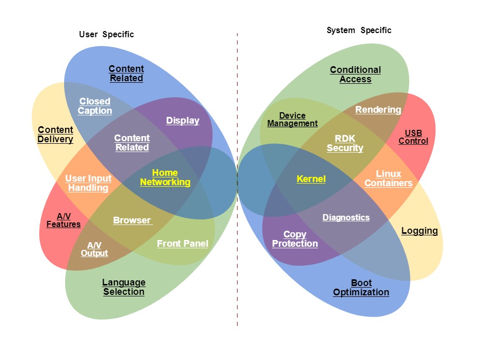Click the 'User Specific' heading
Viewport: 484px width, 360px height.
pyautogui.click(x=106, y=35)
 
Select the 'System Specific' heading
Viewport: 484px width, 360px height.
pyautogui.click(x=359, y=31)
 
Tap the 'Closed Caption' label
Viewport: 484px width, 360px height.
pyautogui.click(x=95, y=106)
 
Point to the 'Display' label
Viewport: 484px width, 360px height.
pyautogui.click(x=183, y=121)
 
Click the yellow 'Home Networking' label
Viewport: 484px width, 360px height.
pyautogui.click(x=165, y=177)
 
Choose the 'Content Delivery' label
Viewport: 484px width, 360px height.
pyautogui.click(x=55, y=134)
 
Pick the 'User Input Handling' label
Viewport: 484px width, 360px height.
pyautogui.click(x=88, y=183)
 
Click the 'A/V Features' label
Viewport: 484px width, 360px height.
pyautogui.click(x=64, y=220)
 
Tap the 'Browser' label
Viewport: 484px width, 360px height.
pyautogui.click(x=132, y=220)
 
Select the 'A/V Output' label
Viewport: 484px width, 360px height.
pyautogui.click(x=94, y=249)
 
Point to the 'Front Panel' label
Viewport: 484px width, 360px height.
pyautogui.click(x=183, y=244)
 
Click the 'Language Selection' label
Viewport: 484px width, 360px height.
pyautogui.click(x=124, y=287)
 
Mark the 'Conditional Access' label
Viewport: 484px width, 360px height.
pyautogui.click(x=355, y=74)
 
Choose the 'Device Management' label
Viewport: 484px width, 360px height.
pyautogui.click(x=292, y=119)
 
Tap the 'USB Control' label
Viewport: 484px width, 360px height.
pyautogui.click(x=413, y=137)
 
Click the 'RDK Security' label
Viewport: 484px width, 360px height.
pyautogui.click(x=345, y=143)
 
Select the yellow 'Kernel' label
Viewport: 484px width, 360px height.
pyautogui.click(x=311, y=179)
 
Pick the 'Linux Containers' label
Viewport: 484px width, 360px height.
pyautogui.click(x=388, y=178)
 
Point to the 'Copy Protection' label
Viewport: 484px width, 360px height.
pyautogui.click(x=295, y=239)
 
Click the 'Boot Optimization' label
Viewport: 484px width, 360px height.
pyautogui.click(x=361, y=288)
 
